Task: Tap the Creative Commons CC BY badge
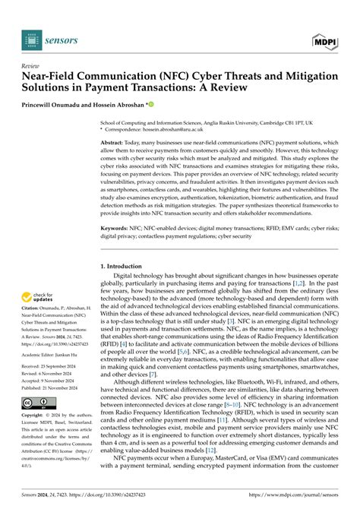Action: pyautogui.click(x=36, y=402)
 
